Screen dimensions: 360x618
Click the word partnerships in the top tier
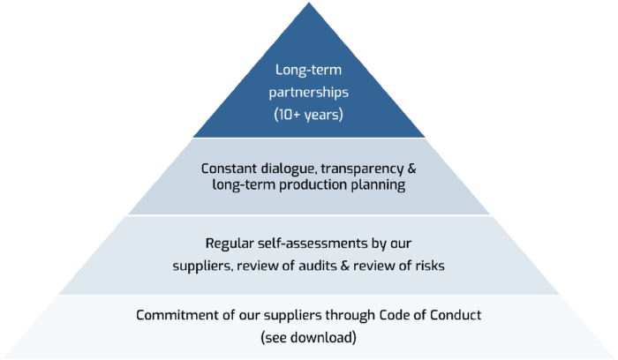point(308,91)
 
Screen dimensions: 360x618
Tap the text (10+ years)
point(308,113)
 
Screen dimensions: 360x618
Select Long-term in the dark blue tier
point(308,70)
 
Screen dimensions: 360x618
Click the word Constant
point(230,168)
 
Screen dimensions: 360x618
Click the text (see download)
point(309,337)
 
